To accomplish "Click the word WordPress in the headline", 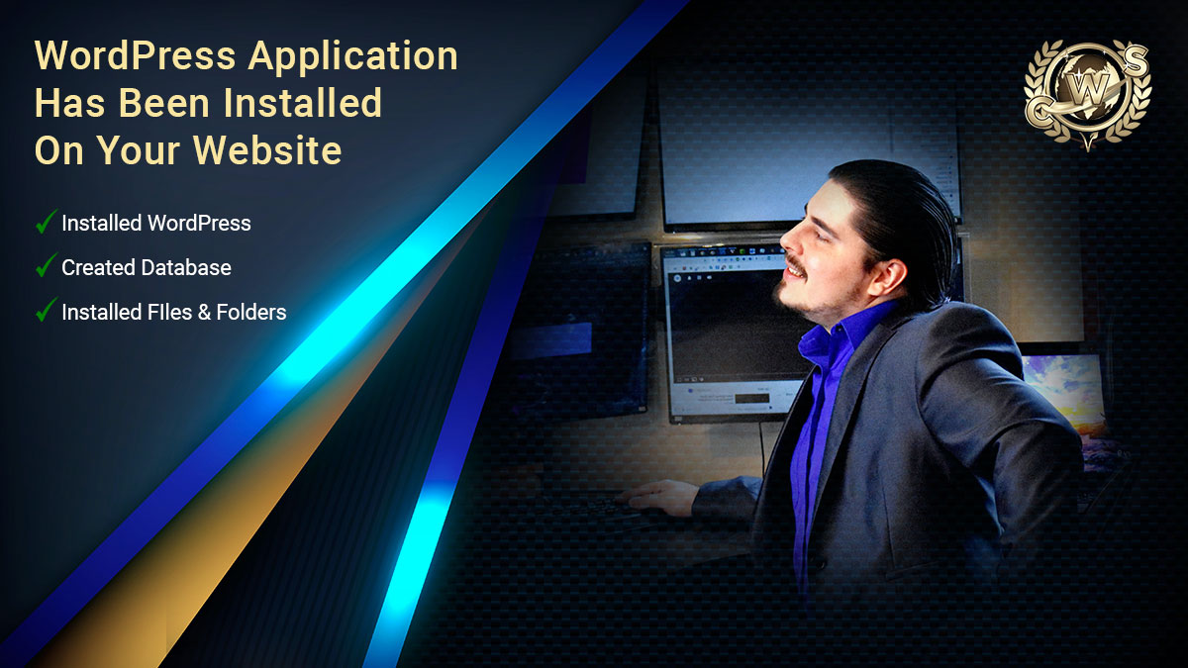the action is [136, 55].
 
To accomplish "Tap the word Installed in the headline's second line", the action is [302, 102].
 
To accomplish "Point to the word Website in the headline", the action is [267, 150].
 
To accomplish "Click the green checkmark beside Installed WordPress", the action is [47, 222].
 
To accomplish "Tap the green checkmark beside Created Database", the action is [47, 265].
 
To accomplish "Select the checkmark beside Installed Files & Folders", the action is [47, 310].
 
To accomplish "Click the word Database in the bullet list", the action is [186, 268].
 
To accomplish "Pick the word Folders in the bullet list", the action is [251, 313].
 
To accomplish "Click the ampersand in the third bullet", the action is [204, 313].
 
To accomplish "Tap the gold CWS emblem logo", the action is [1087, 94].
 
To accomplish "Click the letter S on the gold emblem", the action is [1136, 61].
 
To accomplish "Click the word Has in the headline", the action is [69, 102].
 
